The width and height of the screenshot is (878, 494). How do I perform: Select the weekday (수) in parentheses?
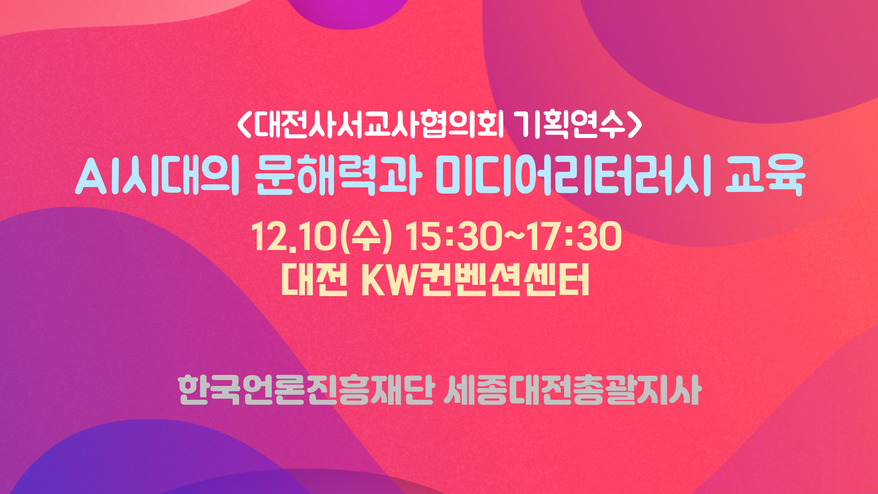(x=366, y=237)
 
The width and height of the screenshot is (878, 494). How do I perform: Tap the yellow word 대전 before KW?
(x=314, y=280)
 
